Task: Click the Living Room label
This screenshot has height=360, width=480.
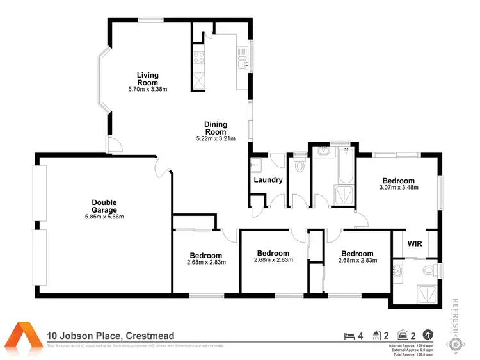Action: tap(147, 79)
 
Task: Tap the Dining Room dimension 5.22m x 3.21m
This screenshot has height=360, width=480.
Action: tap(216, 138)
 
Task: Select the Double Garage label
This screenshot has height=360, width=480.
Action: tap(104, 206)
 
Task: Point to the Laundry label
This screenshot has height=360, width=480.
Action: tap(268, 180)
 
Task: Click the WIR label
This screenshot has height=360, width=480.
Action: tap(414, 243)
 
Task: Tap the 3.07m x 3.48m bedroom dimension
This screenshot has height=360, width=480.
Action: tap(399, 188)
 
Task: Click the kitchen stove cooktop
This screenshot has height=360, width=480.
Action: tap(198, 54)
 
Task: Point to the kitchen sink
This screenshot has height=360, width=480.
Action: tap(242, 61)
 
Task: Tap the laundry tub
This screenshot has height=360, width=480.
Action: tap(257, 165)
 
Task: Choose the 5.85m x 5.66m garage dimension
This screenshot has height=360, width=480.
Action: tap(104, 217)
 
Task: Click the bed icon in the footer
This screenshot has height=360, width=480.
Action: tap(349, 335)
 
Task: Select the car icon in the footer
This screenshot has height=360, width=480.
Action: tap(403, 335)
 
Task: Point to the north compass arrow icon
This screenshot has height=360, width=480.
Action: tap(428, 335)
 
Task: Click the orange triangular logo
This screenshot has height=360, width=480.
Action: tap(24, 336)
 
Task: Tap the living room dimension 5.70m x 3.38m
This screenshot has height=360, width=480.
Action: tap(147, 89)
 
